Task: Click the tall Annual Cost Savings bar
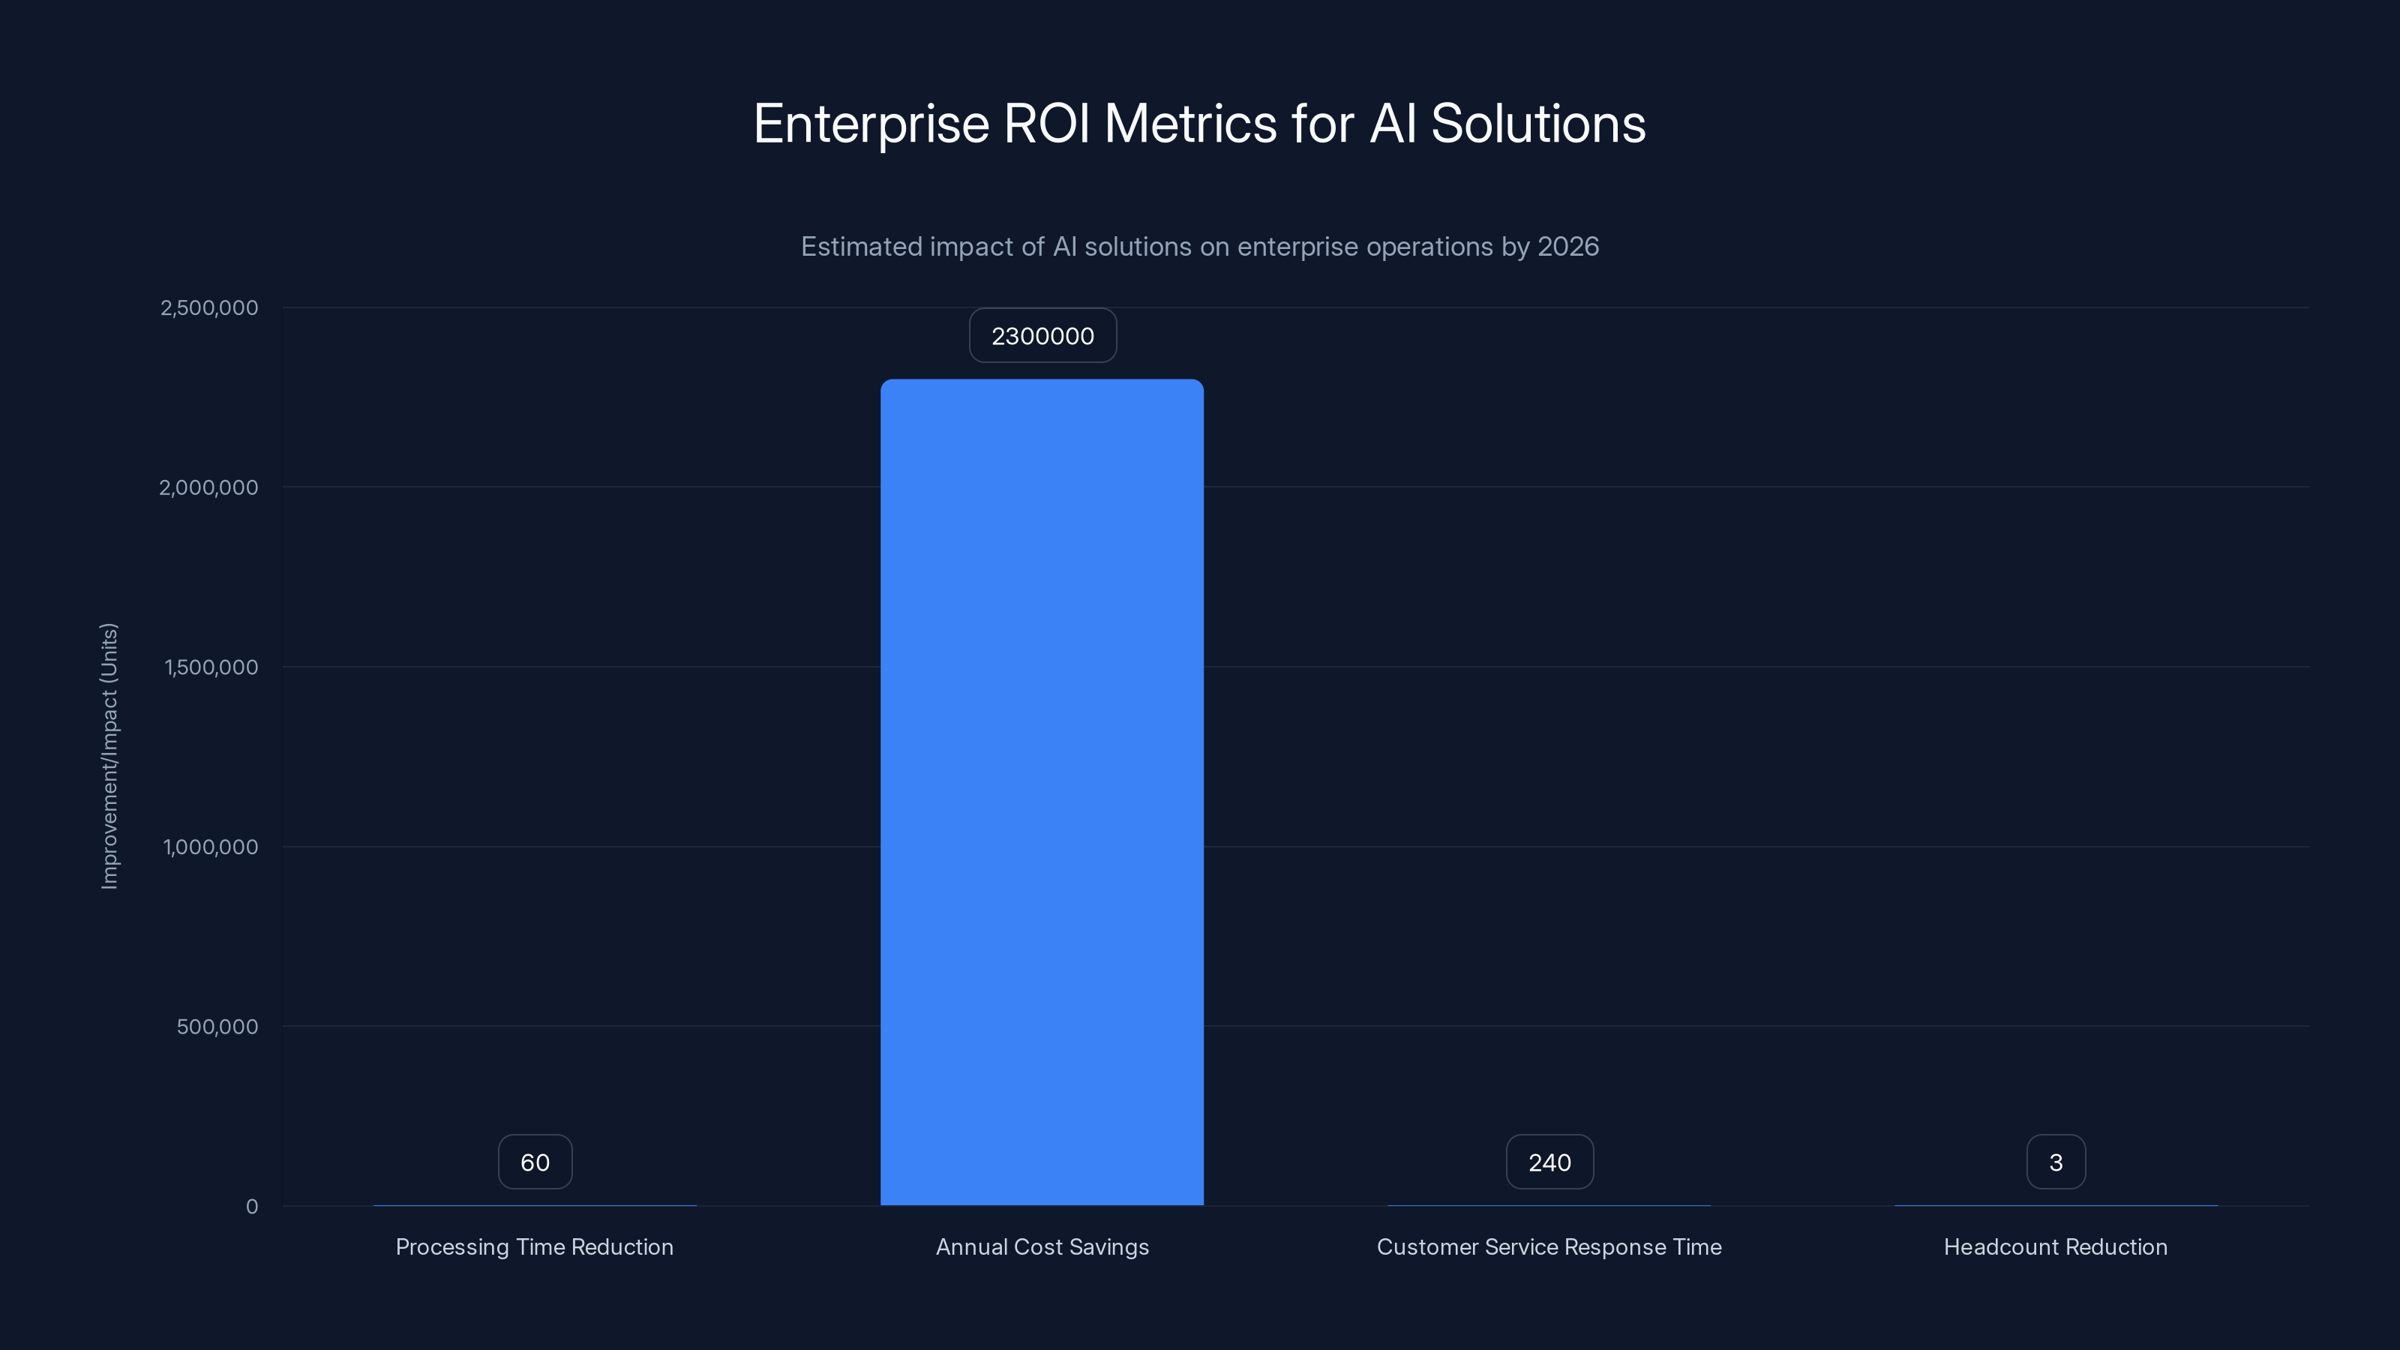pos(1042,792)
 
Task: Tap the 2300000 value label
pos(1042,336)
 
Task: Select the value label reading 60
pos(535,1162)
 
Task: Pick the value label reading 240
pos(1549,1162)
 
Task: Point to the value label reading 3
pos(2055,1162)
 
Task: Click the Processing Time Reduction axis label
pos(534,1247)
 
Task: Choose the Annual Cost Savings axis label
pos(1042,1247)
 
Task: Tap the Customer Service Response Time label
pos(1549,1247)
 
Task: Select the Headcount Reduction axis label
pos(2055,1247)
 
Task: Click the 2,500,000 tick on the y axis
pos(210,308)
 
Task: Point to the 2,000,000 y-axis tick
pos(208,488)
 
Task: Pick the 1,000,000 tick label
pos(211,847)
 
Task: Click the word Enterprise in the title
pos(871,124)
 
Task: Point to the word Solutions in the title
pos(1538,124)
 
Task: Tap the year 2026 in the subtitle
pos(1568,247)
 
